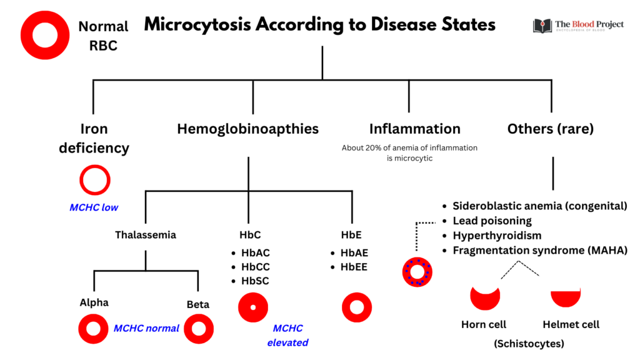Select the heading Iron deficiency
point(94,138)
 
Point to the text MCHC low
point(94,207)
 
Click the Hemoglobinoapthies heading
point(248,129)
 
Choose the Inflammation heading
point(414,129)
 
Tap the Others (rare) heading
point(550,129)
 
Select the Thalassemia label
point(146,235)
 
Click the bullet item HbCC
point(255,267)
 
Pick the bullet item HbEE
point(354,267)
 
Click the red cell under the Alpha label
point(94,329)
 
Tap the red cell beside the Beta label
point(199,329)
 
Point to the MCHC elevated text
point(287,335)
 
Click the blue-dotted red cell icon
point(416,272)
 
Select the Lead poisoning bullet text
point(492,221)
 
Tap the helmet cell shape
point(565,297)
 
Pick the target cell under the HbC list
point(253,307)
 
